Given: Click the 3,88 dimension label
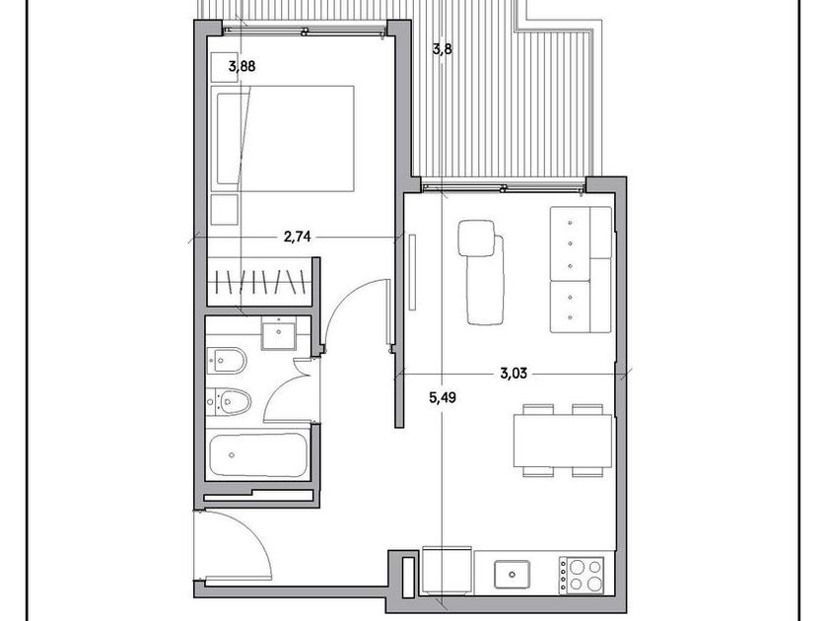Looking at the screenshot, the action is (241, 67).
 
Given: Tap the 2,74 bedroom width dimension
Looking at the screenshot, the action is (298, 238).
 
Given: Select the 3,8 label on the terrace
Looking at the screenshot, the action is (442, 49).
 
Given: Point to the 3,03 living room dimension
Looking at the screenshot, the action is (514, 374).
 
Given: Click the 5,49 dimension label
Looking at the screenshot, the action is (442, 397).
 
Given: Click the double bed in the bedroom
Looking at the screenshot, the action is (282, 138).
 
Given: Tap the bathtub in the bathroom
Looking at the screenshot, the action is (258, 455).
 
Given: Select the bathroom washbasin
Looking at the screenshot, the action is (278, 334).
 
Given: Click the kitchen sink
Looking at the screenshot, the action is (512, 575).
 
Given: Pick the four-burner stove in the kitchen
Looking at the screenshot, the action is (582, 576).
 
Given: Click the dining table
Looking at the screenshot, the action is (563, 441).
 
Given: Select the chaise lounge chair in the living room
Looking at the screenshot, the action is (482, 272).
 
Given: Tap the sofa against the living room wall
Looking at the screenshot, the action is (581, 269).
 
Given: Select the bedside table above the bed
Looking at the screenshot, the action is (225, 67).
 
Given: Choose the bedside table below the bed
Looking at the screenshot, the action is (225, 210).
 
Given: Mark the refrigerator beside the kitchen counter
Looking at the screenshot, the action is (447, 571).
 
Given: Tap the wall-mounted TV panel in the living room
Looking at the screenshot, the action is (412, 272).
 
